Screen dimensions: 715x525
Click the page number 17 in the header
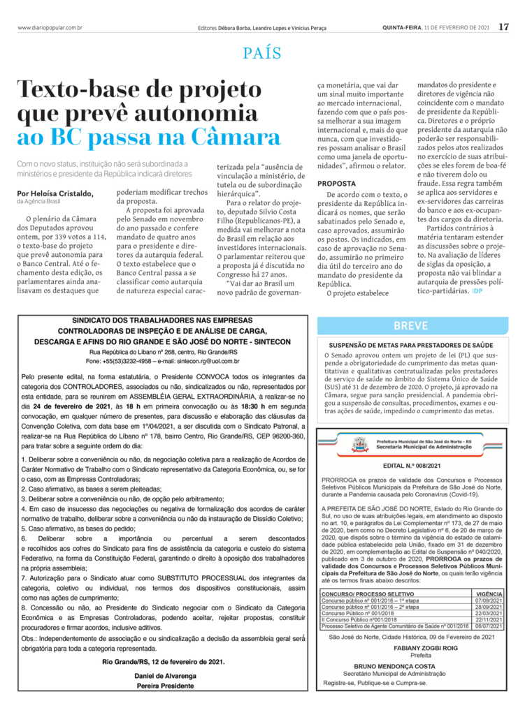[503, 28]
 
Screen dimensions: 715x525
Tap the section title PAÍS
[262, 53]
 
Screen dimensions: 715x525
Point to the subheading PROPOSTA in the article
[336, 184]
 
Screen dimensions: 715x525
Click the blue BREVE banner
[411, 325]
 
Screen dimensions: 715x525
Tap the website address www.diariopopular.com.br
[50, 28]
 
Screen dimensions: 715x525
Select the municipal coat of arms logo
[360, 444]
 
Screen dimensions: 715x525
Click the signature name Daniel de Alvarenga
[166, 676]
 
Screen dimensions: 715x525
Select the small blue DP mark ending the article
[477, 290]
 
